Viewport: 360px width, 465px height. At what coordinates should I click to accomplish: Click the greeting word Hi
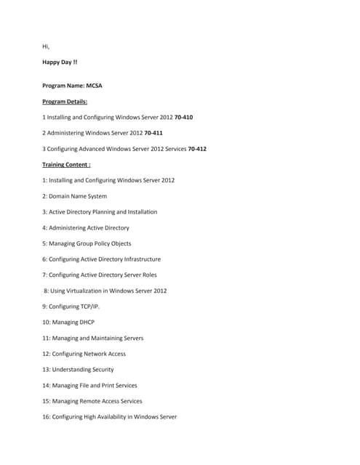pos(46,46)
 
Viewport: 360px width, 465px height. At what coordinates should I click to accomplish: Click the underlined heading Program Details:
pos(65,101)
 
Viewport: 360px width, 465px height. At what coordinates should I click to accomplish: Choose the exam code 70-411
pos(153,133)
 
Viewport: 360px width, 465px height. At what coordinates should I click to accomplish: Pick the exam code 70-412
pos(197,149)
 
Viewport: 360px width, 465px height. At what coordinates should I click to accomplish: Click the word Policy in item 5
pos(101,243)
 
